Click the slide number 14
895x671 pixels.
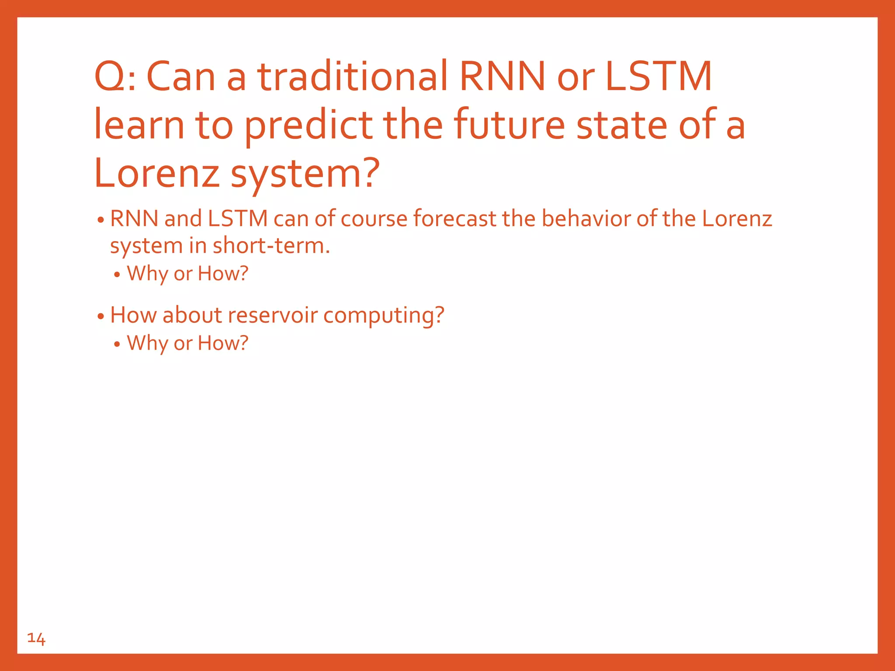click(x=36, y=639)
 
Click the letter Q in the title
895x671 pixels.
click(x=109, y=77)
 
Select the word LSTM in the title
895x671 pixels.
click(x=659, y=77)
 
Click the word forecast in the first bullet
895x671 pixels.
click(x=454, y=218)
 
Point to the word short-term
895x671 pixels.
click(x=271, y=246)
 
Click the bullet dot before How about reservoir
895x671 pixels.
click(x=101, y=316)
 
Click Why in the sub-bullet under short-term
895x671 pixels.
click(x=147, y=274)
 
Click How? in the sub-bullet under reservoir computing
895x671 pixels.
click(x=223, y=343)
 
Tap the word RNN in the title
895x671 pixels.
click(x=503, y=77)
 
